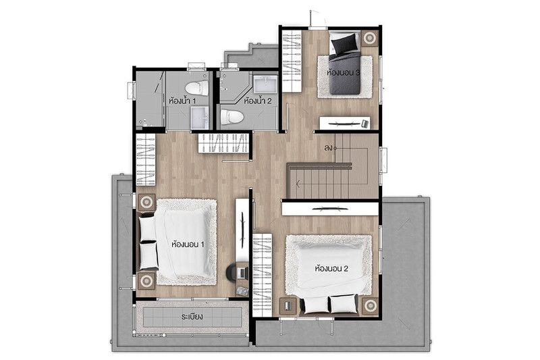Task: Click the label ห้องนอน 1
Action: (188, 245)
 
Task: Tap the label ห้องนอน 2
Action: (331, 268)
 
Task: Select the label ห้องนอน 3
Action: (344, 73)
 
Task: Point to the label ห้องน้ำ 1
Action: (182, 101)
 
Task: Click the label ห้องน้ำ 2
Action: (258, 101)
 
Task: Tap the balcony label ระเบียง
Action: (192, 316)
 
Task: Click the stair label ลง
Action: (328, 148)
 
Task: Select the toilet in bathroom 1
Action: (196, 88)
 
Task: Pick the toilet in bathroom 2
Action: (232, 116)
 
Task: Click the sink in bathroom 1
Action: (200, 118)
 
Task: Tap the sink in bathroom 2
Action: (265, 84)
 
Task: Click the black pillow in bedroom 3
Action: (344, 44)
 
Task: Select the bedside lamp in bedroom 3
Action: (369, 38)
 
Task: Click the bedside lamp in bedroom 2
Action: (370, 305)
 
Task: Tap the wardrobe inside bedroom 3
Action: (292, 61)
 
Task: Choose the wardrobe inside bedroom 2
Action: (263, 275)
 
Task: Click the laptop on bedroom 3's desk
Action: (365, 123)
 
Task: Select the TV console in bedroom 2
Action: (330, 209)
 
